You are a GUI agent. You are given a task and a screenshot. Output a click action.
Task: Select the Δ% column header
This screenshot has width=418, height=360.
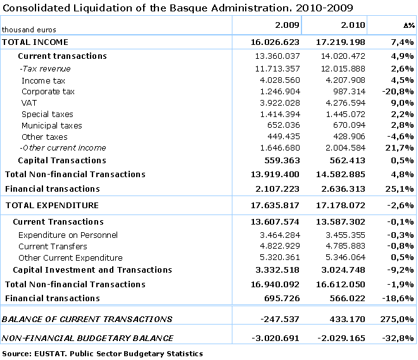[x=408, y=25]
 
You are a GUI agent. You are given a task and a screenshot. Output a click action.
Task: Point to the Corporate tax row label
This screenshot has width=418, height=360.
[x=48, y=92]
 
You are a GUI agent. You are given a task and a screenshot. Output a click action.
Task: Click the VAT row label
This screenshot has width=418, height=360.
[x=29, y=103]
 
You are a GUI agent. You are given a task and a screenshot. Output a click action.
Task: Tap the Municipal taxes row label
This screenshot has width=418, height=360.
[x=52, y=126]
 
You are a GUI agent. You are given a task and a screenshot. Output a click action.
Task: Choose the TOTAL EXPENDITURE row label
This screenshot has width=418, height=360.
[x=52, y=206]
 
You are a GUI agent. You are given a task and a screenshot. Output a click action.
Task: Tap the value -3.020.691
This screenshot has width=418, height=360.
[x=275, y=338]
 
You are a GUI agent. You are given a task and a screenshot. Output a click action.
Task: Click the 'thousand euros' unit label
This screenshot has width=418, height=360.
[x=29, y=30]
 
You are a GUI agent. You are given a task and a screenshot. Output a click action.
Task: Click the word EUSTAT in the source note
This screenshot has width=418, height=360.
[x=46, y=354]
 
